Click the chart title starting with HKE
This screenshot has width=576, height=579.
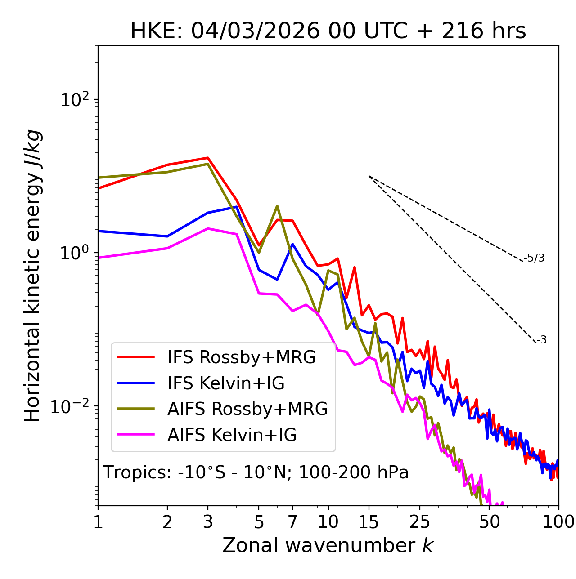[x=328, y=31]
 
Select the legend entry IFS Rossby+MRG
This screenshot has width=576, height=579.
[x=242, y=357]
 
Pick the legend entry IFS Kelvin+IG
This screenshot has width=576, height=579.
[x=226, y=383]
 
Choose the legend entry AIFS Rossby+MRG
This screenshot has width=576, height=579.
[x=247, y=409]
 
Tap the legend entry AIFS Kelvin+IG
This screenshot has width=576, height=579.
[x=232, y=435]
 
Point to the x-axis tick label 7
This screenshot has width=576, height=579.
[x=292, y=522]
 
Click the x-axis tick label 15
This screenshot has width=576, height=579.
[x=369, y=522]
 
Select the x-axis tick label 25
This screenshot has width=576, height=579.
[x=420, y=522]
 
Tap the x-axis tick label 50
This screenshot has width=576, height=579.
[x=489, y=522]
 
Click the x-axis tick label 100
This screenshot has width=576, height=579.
[x=558, y=522]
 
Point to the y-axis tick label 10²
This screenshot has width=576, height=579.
[x=74, y=100]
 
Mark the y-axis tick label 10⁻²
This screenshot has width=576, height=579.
[x=72, y=406]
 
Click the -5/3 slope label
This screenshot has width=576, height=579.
[x=534, y=258]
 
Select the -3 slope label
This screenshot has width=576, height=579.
[x=542, y=340]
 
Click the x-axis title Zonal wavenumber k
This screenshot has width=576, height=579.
[x=328, y=545]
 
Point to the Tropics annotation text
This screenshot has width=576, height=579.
[x=256, y=472]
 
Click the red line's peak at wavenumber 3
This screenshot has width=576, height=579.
[x=208, y=158]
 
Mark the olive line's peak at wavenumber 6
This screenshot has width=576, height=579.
[x=277, y=206]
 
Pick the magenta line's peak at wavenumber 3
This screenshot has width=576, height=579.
[x=208, y=228]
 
